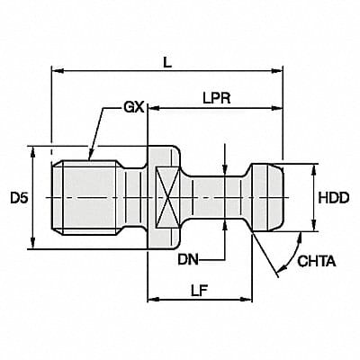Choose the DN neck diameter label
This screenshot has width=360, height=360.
(187, 261)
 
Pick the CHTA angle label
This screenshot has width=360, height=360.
(317, 263)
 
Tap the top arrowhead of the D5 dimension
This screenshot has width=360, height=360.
(34, 150)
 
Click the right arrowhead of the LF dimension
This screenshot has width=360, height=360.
(246, 297)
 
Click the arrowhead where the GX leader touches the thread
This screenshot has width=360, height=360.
(89, 159)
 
